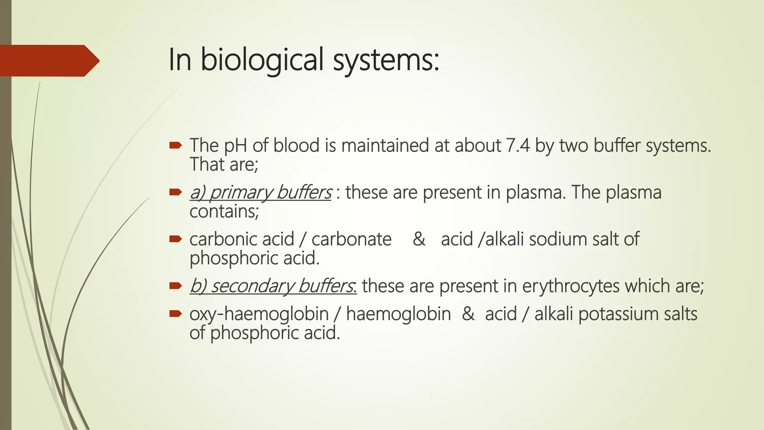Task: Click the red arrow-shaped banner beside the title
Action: pyautogui.click(x=48, y=60)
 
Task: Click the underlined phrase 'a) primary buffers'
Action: pyautogui.click(x=260, y=193)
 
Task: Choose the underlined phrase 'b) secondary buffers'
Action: pyautogui.click(x=273, y=286)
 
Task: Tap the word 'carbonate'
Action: pyautogui.click(x=351, y=239)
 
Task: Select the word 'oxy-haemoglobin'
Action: pyautogui.click(x=259, y=314)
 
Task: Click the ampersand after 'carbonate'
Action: pyautogui.click(x=419, y=239)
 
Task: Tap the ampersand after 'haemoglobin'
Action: pyautogui.click(x=468, y=314)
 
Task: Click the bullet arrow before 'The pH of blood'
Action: pyautogui.click(x=175, y=145)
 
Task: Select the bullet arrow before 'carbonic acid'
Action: pyautogui.click(x=175, y=239)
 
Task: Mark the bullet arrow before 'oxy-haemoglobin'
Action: pyautogui.click(x=175, y=314)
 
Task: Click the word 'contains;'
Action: pyautogui.click(x=224, y=212)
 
